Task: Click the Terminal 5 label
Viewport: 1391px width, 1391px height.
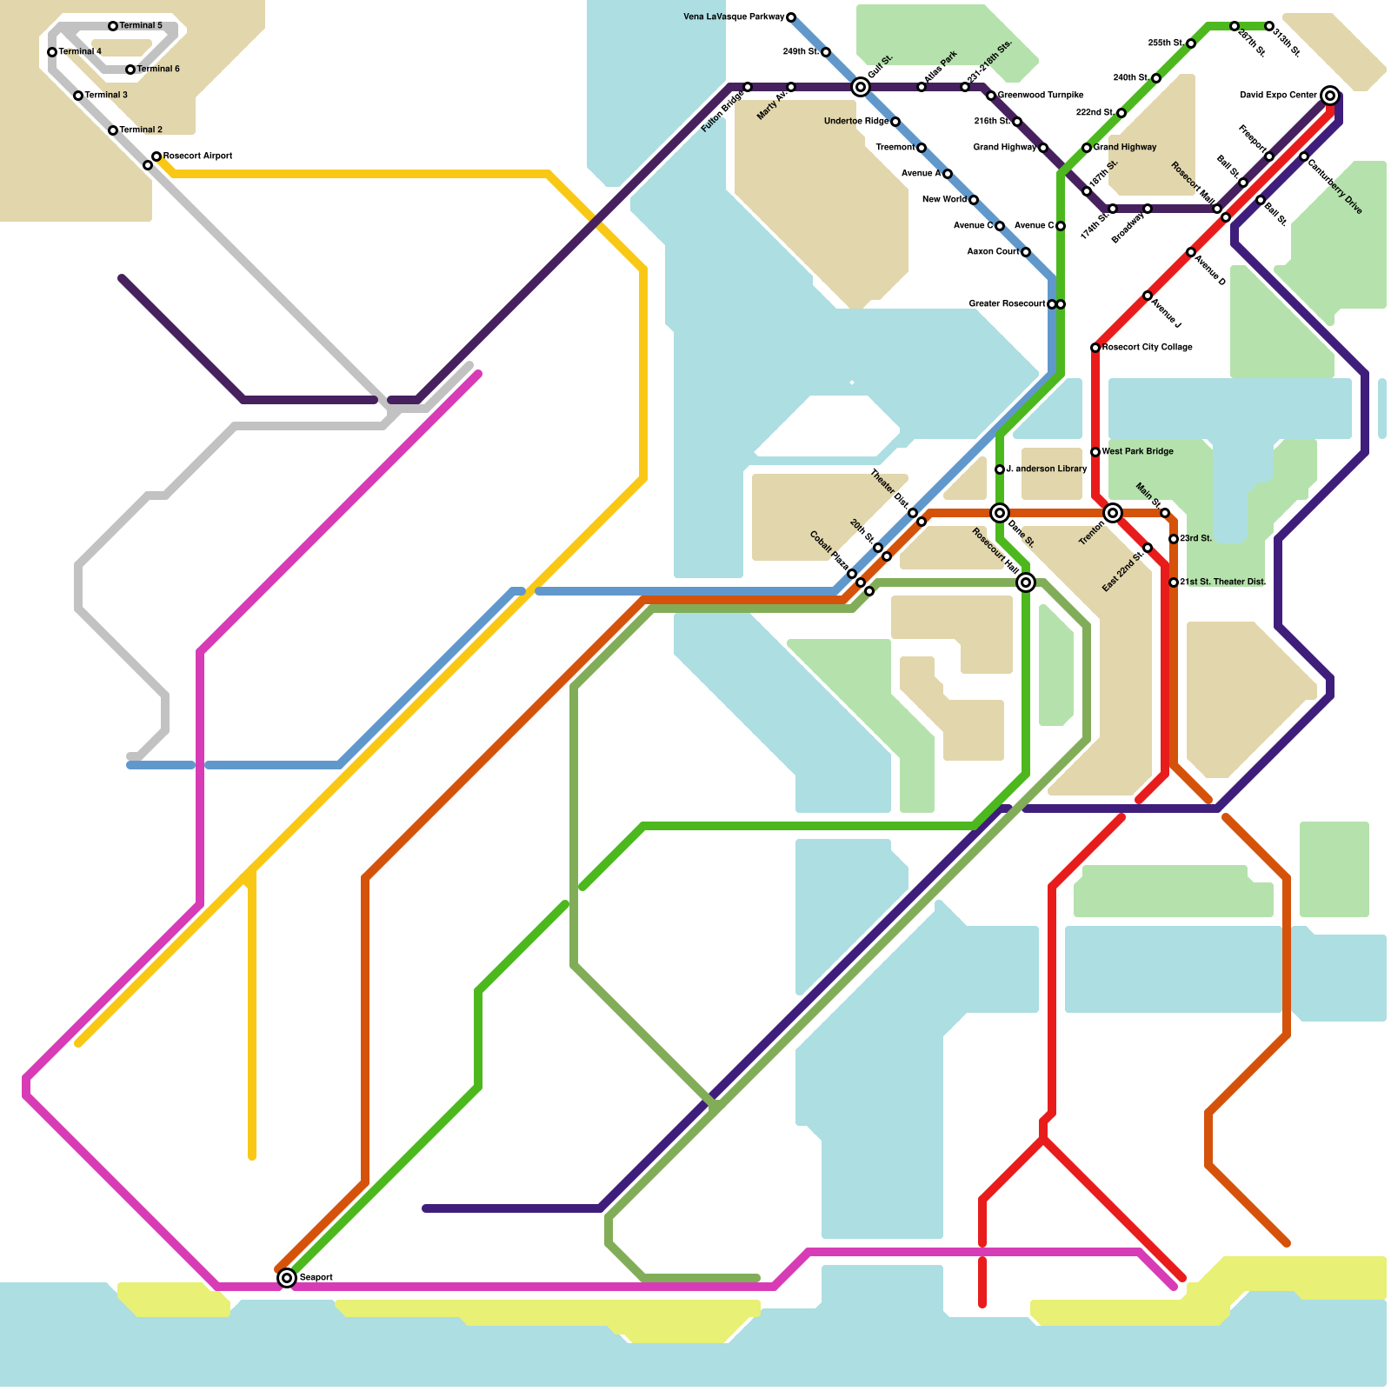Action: point(141,26)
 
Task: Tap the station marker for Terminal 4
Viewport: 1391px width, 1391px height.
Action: point(52,52)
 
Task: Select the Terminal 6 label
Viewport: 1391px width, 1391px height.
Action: point(158,70)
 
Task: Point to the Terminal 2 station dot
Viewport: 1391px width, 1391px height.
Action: point(113,130)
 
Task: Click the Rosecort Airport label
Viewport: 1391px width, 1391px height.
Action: point(197,156)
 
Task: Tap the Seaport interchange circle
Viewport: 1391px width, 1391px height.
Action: point(287,1278)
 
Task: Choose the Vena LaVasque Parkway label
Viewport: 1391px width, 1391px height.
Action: point(734,17)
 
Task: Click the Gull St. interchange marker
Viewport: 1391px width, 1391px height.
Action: point(861,87)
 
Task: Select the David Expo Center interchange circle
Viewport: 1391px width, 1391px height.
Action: point(1330,96)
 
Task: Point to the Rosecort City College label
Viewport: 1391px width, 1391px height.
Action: point(1147,348)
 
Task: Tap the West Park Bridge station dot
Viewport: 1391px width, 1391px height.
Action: point(1095,452)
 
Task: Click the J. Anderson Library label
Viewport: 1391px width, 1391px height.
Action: point(1046,469)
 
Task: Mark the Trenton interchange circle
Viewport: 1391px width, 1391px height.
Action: point(1113,513)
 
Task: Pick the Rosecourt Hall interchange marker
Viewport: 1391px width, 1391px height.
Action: point(1026,582)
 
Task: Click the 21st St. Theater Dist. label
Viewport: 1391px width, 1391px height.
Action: point(1222,582)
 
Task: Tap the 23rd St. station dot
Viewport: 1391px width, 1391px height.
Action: point(1174,539)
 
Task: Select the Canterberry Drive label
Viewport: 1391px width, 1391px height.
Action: point(1335,184)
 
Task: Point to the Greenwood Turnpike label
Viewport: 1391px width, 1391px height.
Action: point(1041,96)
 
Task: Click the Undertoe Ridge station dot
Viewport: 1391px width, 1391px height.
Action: point(895,122)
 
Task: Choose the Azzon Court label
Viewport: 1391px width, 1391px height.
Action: point(993,252)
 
